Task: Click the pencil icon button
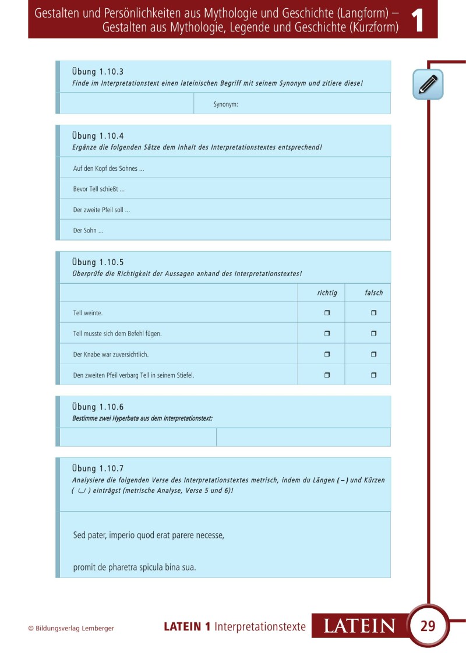(x=428, y=84)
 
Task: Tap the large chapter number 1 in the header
(x=418, y=20)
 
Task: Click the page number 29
(x=428, y=626)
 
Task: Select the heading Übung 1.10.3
(x=98, y=72)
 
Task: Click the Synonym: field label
(x=226, y=104)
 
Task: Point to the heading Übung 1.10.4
(x=98, y=136)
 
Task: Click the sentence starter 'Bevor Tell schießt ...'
(x=99, y=189)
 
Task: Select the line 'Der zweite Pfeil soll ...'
(x=101, y=210)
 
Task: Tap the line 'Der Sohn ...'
(x=89, y=231)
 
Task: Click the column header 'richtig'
(x=327, y=293)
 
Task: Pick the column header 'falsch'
(x=374, y=293)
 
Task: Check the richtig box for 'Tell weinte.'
(x=327, y=313)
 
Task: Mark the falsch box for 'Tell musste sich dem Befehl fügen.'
(x=373, y=334)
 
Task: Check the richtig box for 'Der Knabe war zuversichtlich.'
(x=327, y=354)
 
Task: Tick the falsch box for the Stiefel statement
(x=373, y=375)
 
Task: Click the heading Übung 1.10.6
(x=98, y=407)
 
